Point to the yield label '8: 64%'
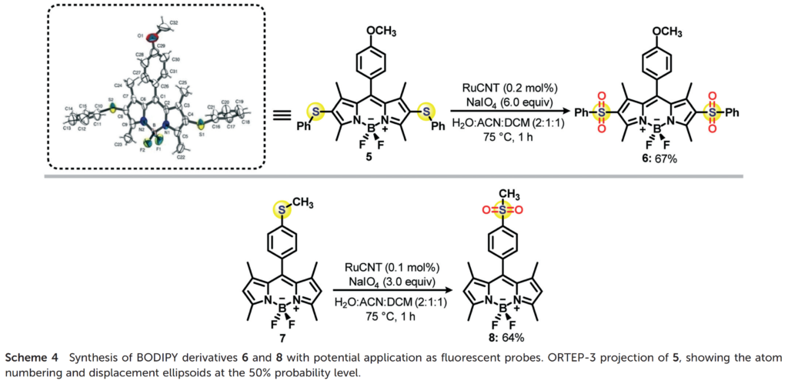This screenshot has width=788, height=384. pyautogui.click(x=508, y=337)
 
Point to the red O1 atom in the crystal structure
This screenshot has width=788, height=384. pyautogui.click(x=151, y=36)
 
